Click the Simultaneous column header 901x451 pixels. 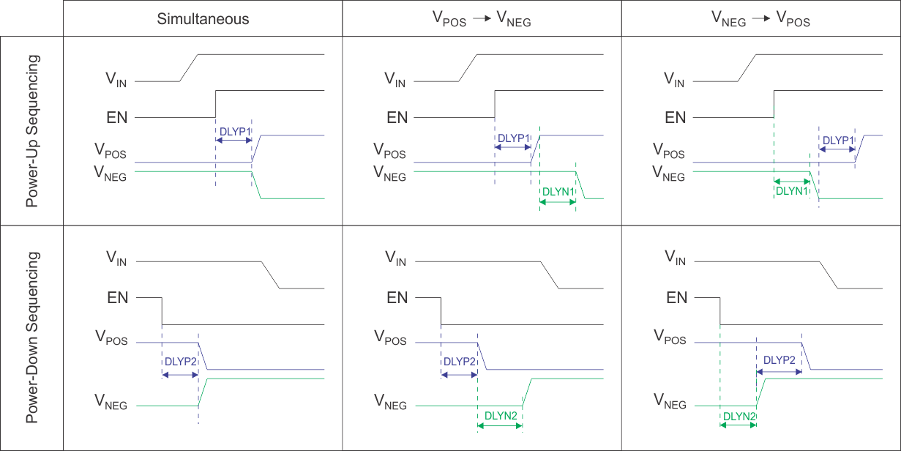[x=203, y=19]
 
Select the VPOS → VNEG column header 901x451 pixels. [x=482, y=20]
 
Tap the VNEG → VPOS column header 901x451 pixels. [x=760, y=20]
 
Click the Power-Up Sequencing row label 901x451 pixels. [x=32, y=130]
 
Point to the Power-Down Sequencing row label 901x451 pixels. [x=32, y=338]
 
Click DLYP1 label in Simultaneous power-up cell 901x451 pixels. [x=234, y=132]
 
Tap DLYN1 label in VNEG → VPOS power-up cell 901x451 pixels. [x=791, y=190]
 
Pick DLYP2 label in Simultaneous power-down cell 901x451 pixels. [x=180, y=361]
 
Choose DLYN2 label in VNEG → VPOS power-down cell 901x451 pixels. [x=739, y=415]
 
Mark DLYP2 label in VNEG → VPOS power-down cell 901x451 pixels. [x=779, y=360]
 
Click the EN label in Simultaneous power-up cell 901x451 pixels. [x=118, y=117]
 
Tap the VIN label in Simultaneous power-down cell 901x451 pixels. [x=117, y=258]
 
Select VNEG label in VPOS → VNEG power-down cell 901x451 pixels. [x=390, y=401]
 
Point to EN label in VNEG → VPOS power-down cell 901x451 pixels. [x=676, y=298]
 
